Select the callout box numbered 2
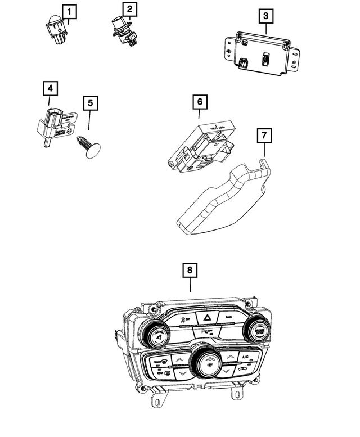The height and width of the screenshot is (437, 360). click(x=129, y=10)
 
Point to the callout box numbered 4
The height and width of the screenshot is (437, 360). click(x=50, y=88)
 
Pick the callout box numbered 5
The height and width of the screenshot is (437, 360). click(x=89, y=103)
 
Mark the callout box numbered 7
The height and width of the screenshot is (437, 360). click(x=264, y=136)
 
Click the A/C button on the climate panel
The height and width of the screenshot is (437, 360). click(x=245, y=358)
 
